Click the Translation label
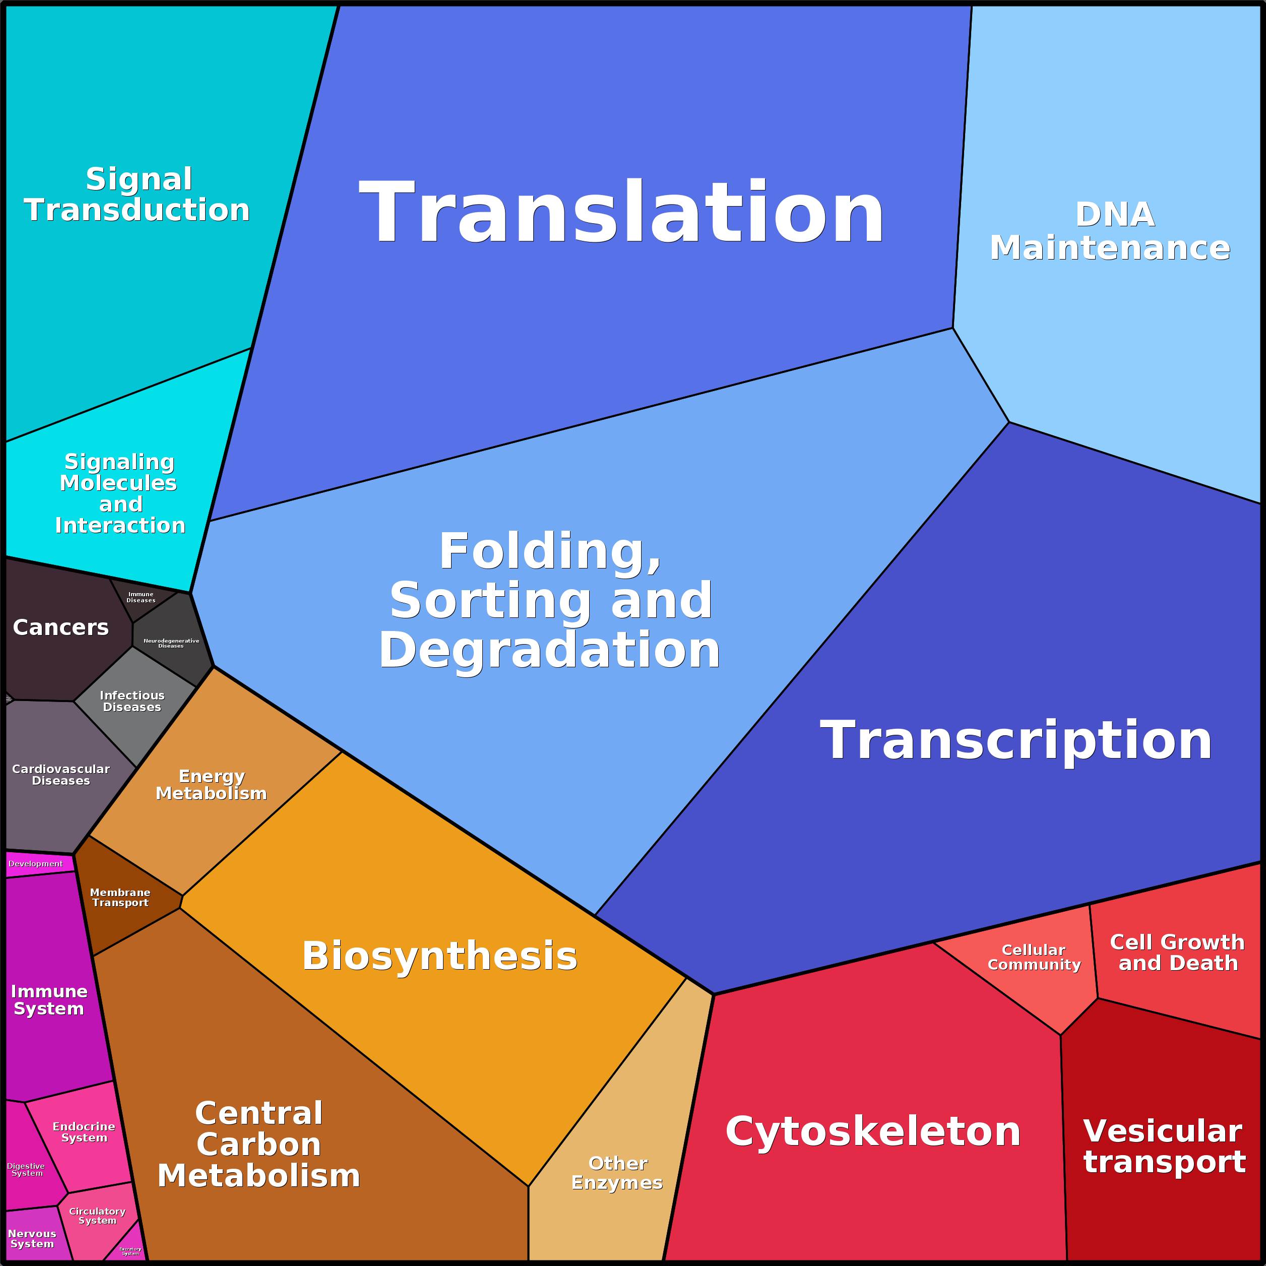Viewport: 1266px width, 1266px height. point(621,213)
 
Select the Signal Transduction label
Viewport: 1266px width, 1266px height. point(138,195)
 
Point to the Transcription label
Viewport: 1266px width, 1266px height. point(1016,740)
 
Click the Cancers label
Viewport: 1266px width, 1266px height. point(61,628)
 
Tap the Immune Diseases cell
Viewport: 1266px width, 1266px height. point(141,598)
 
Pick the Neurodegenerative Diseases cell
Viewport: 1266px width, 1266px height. point(171,644)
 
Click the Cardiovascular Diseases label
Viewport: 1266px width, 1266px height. point(61,775)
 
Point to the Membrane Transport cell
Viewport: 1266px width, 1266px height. point(120,898)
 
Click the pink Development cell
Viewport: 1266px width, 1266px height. point(36,864)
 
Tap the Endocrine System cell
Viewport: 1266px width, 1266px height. point(84,1132)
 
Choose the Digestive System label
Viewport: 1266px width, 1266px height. point(26,1170)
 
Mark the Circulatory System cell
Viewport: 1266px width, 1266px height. point(97,1216)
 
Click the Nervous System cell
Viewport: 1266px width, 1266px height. point(32,1238)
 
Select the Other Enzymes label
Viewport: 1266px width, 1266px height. point(617,1173)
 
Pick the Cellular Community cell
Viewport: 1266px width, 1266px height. point(1034,958)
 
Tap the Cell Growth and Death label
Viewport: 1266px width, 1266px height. point(1177,953)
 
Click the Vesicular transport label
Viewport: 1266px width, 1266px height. point(1164,1147)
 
